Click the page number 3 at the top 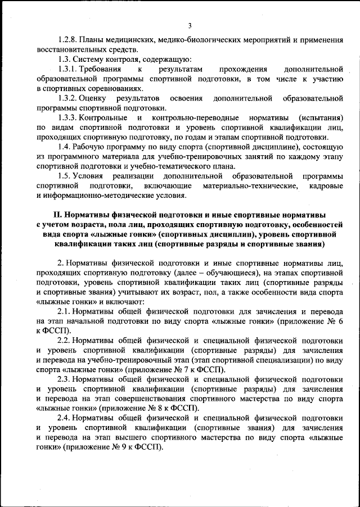coord(190,25)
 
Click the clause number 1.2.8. coord(69,40)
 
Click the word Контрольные coord(105,118)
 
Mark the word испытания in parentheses coord(319,118)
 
